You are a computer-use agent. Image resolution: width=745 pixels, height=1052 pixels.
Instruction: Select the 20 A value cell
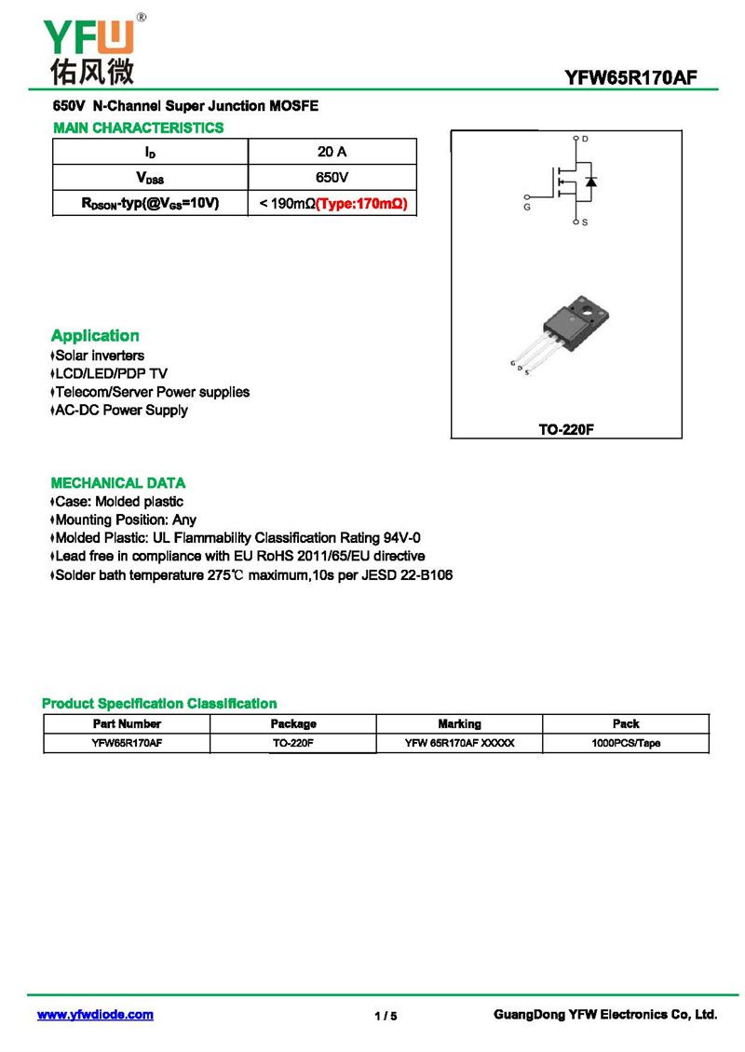332,152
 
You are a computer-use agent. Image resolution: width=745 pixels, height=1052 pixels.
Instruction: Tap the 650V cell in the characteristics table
332,177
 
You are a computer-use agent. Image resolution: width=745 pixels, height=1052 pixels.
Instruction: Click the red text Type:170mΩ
362,203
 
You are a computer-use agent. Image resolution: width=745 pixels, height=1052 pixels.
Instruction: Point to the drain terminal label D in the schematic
585,139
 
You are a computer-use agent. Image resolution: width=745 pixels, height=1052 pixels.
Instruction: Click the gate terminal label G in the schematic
527,207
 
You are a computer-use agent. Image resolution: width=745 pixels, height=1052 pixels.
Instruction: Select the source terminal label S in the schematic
584,223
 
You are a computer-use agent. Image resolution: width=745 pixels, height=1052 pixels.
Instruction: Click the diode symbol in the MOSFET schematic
590,181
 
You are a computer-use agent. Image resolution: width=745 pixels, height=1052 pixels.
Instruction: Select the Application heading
95,336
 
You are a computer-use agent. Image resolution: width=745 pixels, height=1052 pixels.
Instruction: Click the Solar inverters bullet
99,356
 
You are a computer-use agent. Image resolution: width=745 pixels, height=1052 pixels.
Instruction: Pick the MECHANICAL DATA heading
117,483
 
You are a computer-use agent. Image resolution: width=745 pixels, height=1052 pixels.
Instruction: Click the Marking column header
459,723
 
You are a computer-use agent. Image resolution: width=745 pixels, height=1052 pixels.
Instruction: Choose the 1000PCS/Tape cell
626,743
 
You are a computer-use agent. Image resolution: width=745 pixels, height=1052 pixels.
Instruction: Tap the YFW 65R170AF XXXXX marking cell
459,743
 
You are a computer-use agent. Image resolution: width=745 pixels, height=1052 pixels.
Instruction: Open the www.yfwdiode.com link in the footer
95,1015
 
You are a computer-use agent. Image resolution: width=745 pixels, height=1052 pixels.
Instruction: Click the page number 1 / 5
386,1016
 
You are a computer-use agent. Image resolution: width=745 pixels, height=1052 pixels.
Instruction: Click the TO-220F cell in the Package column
293,743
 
